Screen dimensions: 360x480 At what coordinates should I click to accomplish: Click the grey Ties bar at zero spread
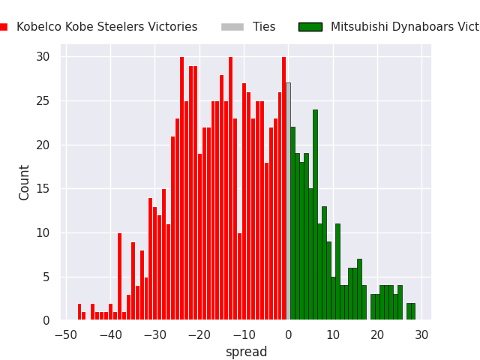pyautogui.click(x=288, y=202)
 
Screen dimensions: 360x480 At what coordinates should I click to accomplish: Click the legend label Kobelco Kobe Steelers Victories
pyautogui.click(x=106, y=27)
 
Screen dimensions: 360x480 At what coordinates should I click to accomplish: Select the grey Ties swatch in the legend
pyautogui.click(x=232, y=27)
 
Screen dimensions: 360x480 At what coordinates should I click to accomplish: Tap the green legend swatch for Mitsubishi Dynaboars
pyautogui.click(x=310, y=27)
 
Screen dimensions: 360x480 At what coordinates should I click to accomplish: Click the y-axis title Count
pyautogui.click(x=25, y=182)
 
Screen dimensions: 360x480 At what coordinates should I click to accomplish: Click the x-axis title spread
pyautogui.click(x=246, y=352)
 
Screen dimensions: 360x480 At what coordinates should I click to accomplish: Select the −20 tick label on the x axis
pyautogui.click(x=199, y=334)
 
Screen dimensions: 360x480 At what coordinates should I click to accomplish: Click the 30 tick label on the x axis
pyautogui.click(x=421, y=334)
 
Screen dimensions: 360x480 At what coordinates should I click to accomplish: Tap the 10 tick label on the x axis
pyautogui.click(x=333, y=334)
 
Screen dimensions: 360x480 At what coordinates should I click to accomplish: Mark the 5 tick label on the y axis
pyautogui.click(x=46, y=277)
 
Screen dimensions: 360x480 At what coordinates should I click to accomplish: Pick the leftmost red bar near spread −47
pyautogui.click(x=79, y=312)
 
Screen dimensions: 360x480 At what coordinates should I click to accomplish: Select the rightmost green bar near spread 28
pyautogui.click(x=412, y=312)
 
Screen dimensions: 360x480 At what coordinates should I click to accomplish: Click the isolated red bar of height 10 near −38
pyautogui.click(x=119, y=277)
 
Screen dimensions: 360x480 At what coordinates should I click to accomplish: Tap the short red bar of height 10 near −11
pyautogui.click(x=239, y=277)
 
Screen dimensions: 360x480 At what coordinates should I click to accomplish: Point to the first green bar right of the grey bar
pyautogui.click(x=292, y=225)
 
